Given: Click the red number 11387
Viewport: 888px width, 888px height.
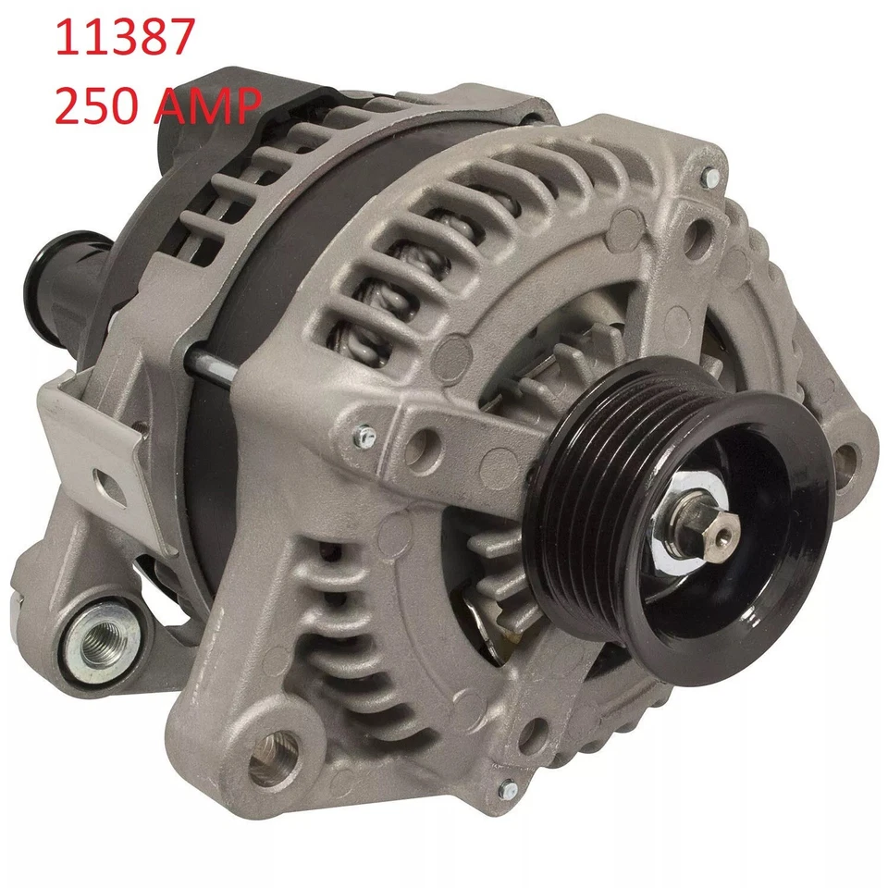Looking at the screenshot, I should coord(125,40).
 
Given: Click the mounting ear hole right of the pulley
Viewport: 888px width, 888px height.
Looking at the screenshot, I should coord(844,457).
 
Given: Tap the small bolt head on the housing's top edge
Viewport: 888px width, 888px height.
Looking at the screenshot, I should coord(709,175).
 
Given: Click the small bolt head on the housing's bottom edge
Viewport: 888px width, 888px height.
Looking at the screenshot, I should coord(507,789).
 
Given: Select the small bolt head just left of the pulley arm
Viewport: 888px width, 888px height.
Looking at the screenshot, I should coord(365,433).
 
